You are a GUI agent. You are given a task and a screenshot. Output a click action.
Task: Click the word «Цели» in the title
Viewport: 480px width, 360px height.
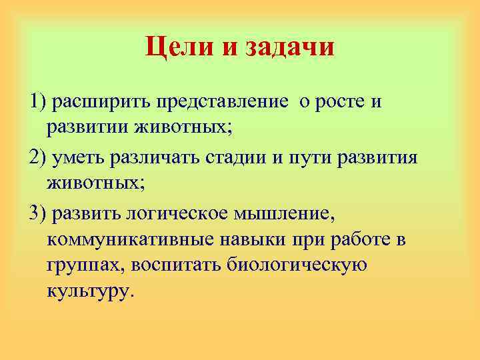tap(177, 47)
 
